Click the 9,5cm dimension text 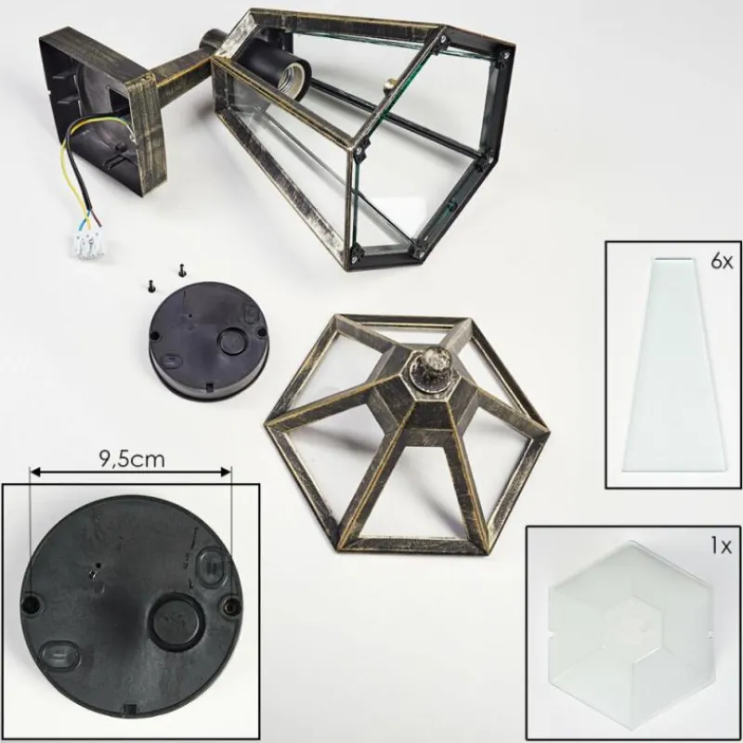click(x=132, y=459)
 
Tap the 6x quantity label click(x=722, y=261)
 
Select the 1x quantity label click(x=722, y=546)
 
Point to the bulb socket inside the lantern click(x=280, y=77)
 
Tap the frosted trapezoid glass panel click(x=674, y=364)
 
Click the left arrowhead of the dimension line click(x=34, y=472)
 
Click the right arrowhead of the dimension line click(x=226, y=472)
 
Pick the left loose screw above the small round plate click(x=150, y=286)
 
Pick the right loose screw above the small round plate click(x=180, y=270)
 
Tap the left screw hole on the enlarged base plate click(x=32, y=603)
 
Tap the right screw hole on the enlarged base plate click(x=231, y=605)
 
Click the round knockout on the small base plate click(x=231, y=341)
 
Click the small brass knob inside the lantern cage click(x=390, y=85)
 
